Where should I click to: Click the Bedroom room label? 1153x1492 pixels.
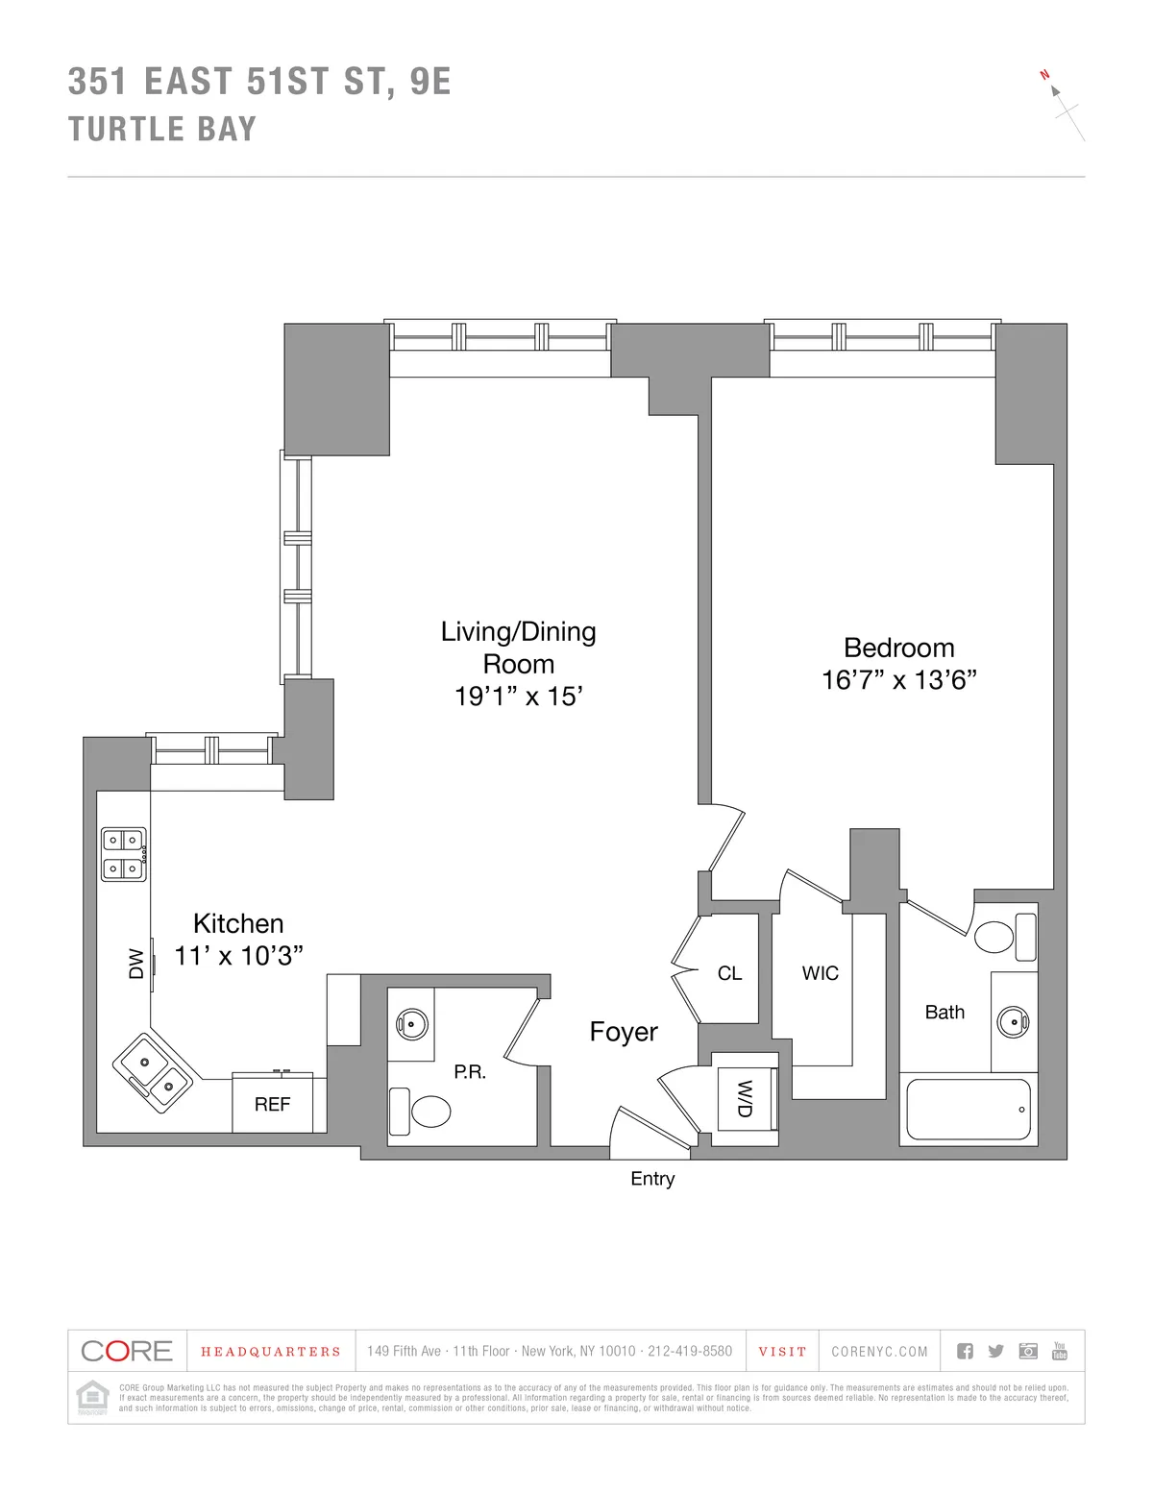(898, 648)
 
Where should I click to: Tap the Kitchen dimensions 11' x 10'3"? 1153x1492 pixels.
(238, 956)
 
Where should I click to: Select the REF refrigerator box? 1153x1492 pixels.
(272, 1104)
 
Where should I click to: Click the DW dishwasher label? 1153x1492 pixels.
(136, 964)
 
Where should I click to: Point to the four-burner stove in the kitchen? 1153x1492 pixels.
(125, 854)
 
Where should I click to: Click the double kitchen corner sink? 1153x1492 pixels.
(156, 1075)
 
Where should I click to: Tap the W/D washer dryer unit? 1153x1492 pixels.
(746, 1097)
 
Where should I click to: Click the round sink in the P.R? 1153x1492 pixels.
(411, 1024)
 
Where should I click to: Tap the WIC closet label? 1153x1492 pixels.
(820, 973)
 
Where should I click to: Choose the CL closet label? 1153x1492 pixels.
(729, 973)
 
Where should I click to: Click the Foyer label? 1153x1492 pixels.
(624, 1032)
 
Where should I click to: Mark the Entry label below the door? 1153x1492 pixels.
(652, 1179)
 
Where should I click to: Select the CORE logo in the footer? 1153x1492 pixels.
(127, 1351)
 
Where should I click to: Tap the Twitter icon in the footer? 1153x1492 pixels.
(996, 1351)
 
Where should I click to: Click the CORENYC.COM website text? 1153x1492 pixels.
(879, 1352)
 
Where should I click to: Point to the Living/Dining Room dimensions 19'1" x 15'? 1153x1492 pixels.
(519, 696)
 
